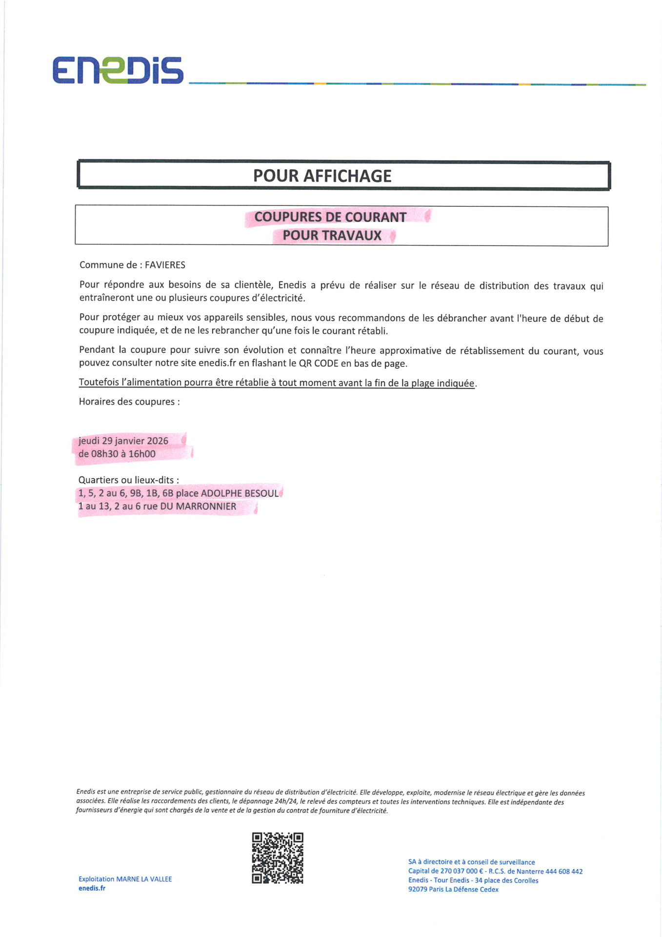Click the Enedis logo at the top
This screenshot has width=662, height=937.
tap(118, 70)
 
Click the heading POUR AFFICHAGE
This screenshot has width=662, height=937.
tap(322, 176)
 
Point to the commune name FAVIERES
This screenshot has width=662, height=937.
tap(165, 265)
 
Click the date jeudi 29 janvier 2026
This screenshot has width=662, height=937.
tap(123, 441)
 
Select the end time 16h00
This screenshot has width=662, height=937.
tap(142, 454)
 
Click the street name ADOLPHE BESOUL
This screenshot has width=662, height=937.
tap(240, 493)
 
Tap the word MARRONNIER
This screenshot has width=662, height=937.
tap(206, 507)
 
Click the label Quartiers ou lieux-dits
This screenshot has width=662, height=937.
tap(128, 480)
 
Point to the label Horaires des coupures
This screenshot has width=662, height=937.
tap(129, 402)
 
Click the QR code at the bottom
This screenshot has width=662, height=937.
tap(278, 858)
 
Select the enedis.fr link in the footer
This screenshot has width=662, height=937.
tap(92, 888)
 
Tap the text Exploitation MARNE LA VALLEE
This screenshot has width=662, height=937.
tap(125, 879)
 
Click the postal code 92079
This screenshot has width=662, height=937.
tap(418, 889)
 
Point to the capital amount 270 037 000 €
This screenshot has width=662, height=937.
tap(459, 871)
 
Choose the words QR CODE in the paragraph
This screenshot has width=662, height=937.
tap(319, 364)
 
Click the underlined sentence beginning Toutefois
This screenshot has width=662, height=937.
tap(277, 383)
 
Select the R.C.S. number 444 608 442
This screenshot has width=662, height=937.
tap(564, 871)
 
